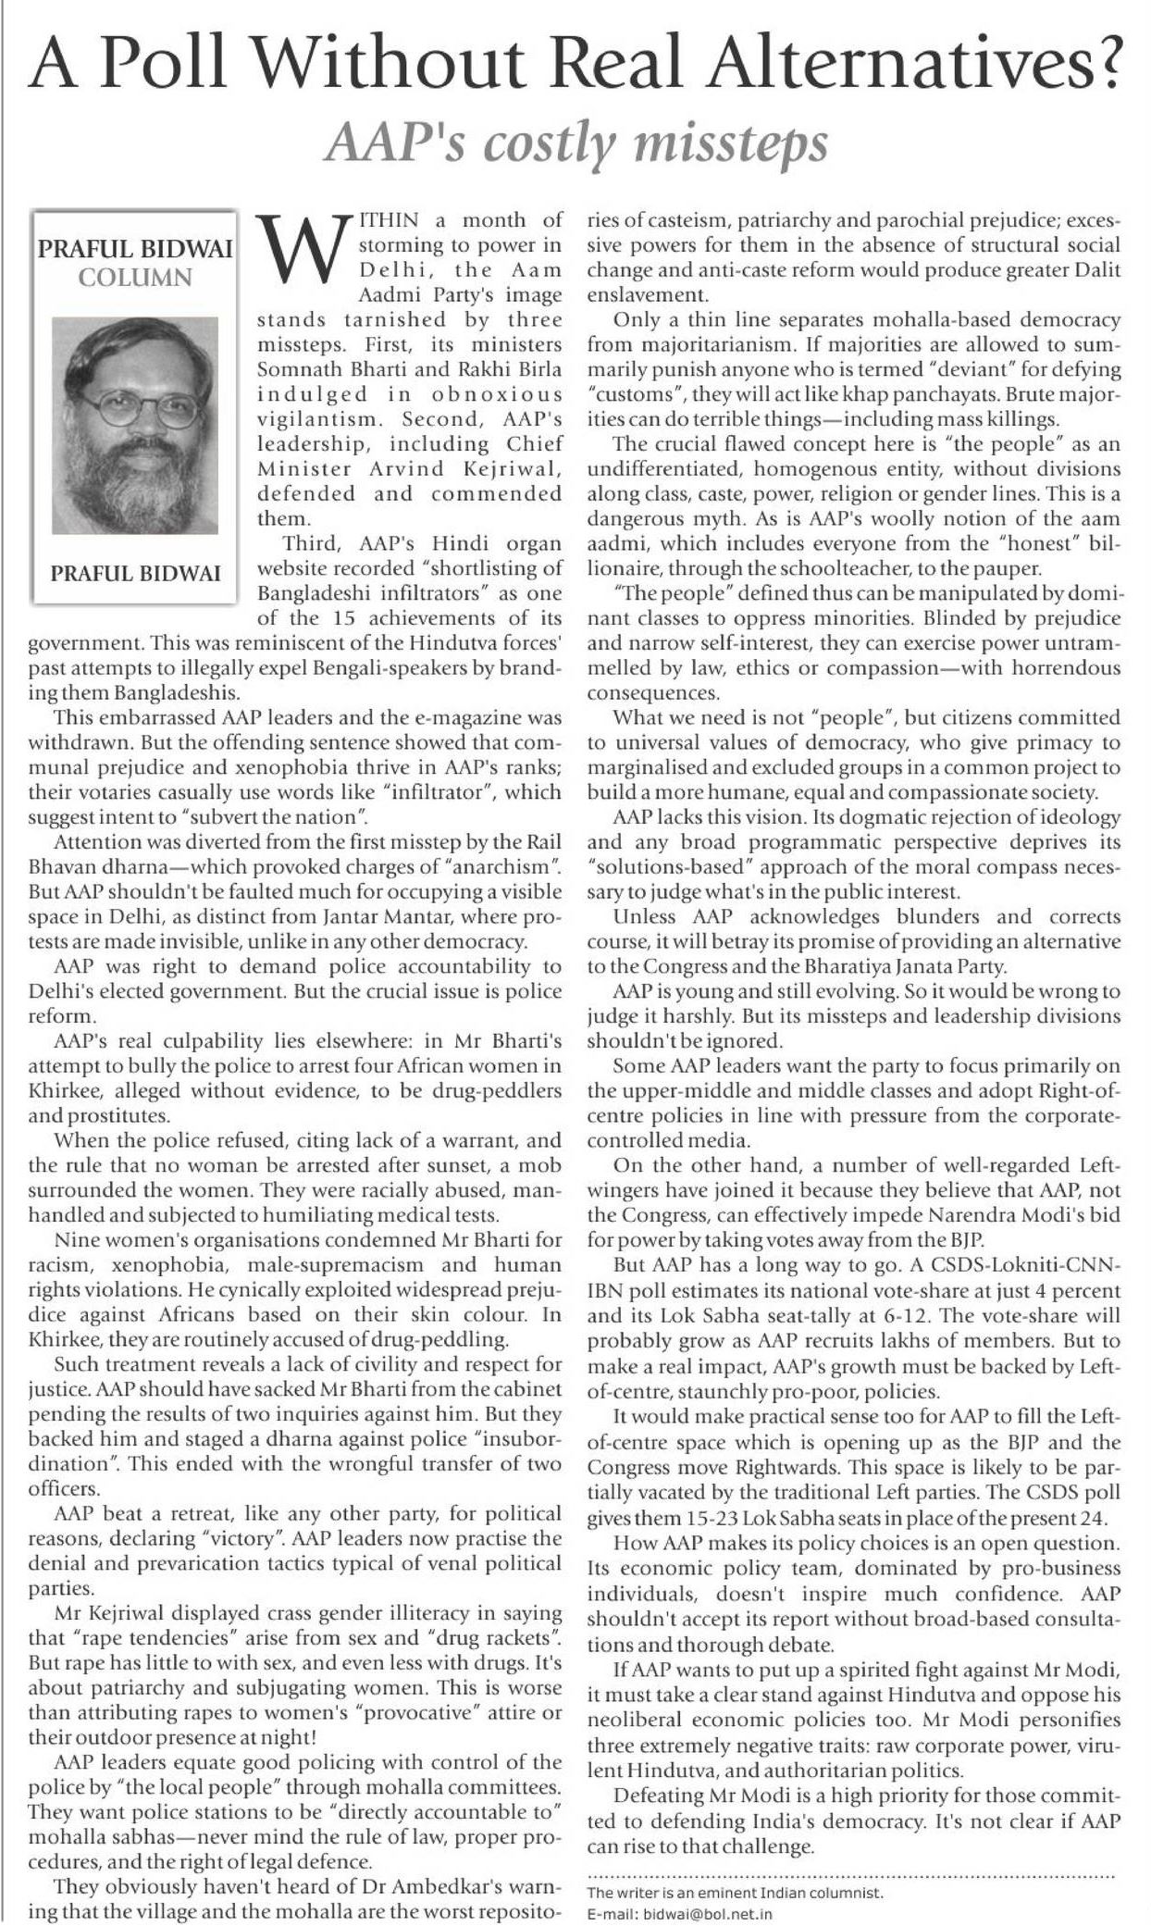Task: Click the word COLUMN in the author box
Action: [x=135, y=277]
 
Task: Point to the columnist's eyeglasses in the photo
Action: [x=134, y=408]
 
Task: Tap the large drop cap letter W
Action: [x=303, y=249]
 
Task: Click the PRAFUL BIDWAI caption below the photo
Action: [x=135, y=573]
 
